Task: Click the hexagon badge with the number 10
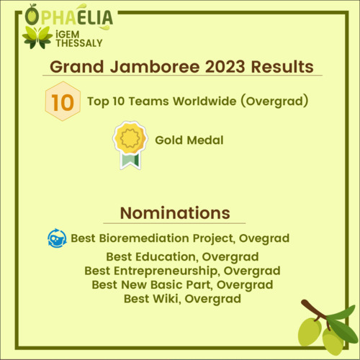(63, 101)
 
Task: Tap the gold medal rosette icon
(130, 138)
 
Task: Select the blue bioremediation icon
(57, 238)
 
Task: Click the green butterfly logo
(37, 37)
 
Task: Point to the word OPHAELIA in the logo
(69, 17)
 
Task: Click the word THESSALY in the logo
(79, 43)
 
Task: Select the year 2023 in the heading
(225, 66)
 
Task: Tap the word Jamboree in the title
(155, 66)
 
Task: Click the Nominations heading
(175, 213)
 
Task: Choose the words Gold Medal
(189, 140)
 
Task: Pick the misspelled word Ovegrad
(264, 238)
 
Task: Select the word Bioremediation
(144, 238)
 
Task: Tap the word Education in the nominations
(167, 257)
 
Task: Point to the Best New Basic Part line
(182, 285)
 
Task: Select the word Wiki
(167, 299)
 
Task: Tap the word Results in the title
(282, 66)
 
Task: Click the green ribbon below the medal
(130, 160)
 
